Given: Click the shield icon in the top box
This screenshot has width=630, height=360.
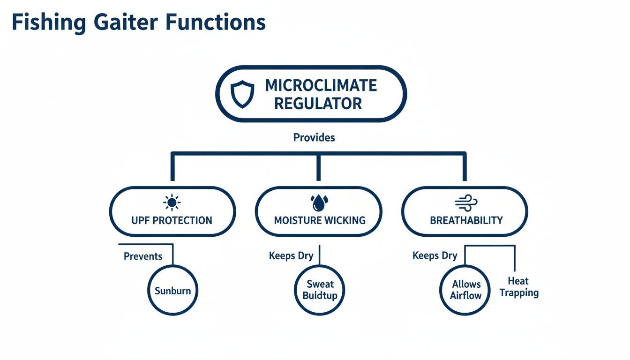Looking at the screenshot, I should (x=243, y=94).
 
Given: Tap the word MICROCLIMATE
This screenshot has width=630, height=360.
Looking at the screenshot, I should (x=321, y=85).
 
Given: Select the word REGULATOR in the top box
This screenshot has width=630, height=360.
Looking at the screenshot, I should (x=318, y=103).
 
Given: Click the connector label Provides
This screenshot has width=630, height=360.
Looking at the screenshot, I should (x=314, y=137).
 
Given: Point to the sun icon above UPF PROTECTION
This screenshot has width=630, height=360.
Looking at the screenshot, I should (x=172, y=202).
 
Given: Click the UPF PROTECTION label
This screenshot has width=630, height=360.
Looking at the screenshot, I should (x=172, y=220).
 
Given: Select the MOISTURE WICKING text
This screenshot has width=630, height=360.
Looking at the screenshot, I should (x=319, y=220).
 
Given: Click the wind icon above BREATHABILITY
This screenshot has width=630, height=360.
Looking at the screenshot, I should (x=466, y=202).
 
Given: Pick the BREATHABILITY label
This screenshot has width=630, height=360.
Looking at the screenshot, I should (x=466, y=220).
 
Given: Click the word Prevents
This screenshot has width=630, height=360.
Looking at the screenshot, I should (x=143, y=256).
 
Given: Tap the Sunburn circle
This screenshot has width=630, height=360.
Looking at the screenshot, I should (x=172, y=291).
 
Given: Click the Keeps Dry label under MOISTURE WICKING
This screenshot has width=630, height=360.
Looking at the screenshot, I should (x=291, y=256).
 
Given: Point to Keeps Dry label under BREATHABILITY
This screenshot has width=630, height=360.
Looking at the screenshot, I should (x=435, y=256).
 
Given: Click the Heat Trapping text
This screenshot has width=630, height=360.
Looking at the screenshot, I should (x=518, y=287).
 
